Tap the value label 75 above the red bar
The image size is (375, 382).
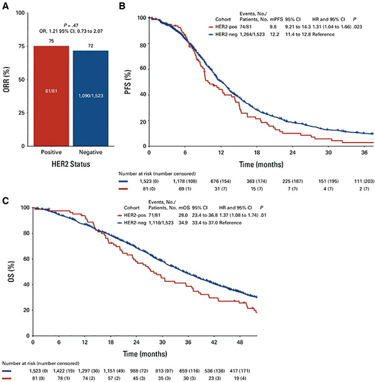tap(51, 41)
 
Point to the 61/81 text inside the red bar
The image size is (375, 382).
tap(51, 91)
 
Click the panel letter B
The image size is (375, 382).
tap(122, 6)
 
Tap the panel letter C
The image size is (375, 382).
tap(5, 201)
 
